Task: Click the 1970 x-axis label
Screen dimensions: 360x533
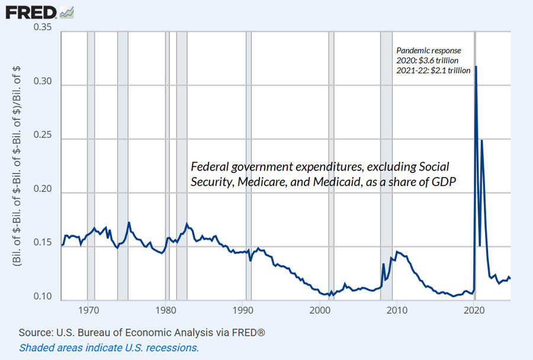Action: point(88,310)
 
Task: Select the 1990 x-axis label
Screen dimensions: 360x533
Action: point(242,310)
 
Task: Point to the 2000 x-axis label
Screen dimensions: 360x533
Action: point(319,310)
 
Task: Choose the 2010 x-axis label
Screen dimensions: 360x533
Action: point(396,310)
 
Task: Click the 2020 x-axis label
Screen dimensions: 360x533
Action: point(473,310)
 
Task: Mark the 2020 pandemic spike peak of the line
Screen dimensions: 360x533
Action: point(476,66)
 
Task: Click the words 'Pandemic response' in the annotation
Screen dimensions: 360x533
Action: point(428,51)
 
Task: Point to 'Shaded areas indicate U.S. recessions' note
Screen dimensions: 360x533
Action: point(108,348)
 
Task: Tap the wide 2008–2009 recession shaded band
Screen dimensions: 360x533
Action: point(387,166)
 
